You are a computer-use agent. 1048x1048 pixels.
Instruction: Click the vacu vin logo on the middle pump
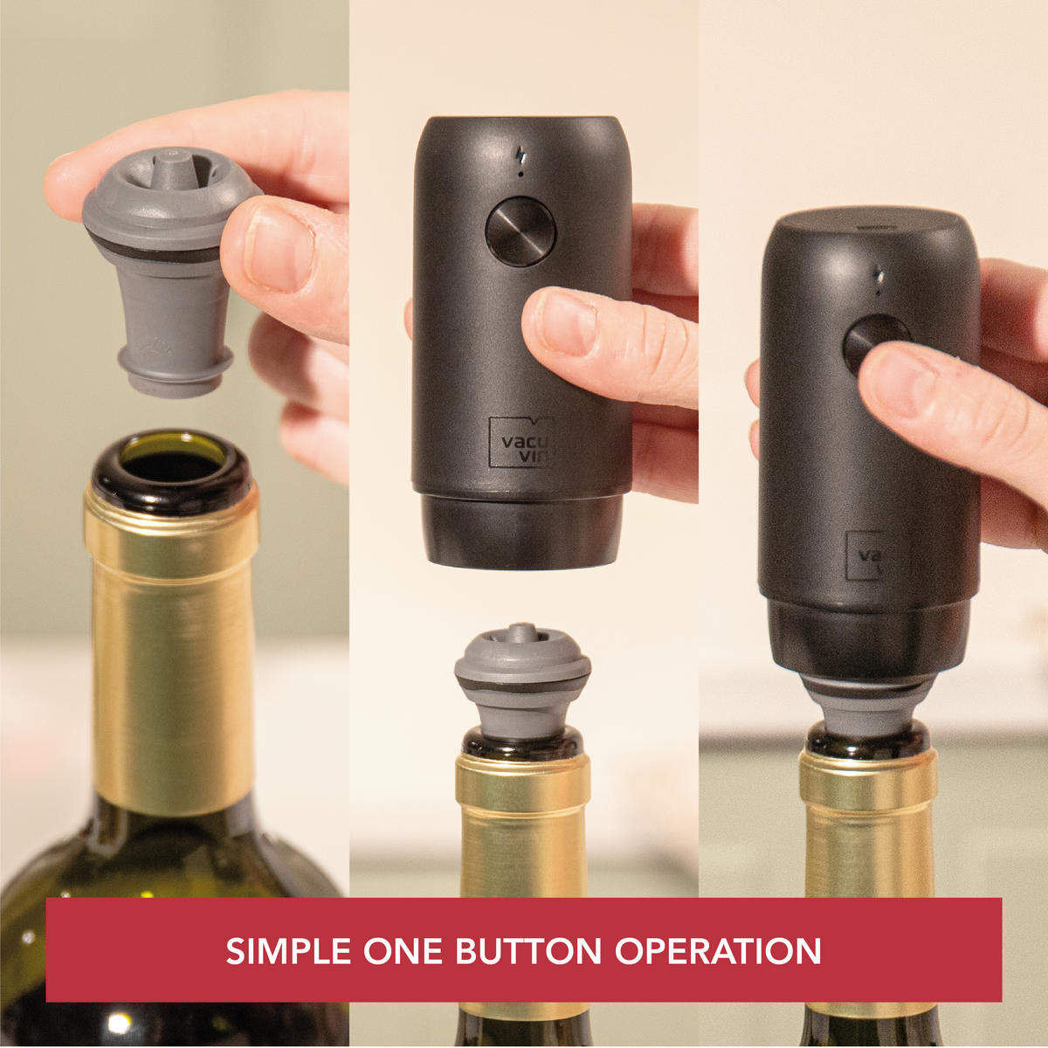click(521, 442)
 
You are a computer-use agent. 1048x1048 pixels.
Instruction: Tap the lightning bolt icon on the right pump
click(879, 278)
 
